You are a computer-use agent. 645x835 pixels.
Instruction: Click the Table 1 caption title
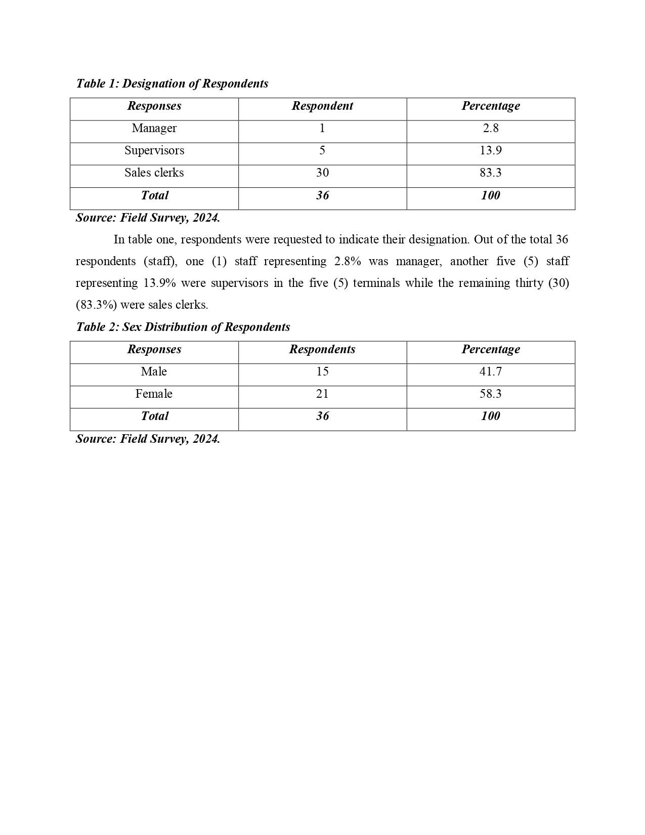point(172,83)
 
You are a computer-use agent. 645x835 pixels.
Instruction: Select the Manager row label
point(154,129)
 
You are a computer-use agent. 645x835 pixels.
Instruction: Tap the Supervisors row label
point(154,151)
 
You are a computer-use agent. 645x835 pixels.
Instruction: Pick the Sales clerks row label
point(154,173)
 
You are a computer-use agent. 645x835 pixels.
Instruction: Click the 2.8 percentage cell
point(490,129)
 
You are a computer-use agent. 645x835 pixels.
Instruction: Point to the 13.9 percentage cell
point(490,151)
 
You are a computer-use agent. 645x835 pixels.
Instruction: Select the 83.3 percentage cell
point(490,173)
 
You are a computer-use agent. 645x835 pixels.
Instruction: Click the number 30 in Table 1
point(322,173)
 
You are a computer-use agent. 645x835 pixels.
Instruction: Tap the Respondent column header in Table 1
point(322,106)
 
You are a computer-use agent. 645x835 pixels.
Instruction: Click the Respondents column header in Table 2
point(322,350)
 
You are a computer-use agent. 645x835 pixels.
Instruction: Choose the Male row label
point(154,372)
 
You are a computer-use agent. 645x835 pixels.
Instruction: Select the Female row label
point(154,394)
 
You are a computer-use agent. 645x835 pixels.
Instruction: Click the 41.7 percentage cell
point(490,372)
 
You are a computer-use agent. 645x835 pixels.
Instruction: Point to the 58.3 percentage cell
point(490,394)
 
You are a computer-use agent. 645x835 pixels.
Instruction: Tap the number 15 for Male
point(322,372)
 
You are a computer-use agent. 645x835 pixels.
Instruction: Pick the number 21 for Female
point(322,394)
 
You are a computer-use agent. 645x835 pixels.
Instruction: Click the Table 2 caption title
point(183,327)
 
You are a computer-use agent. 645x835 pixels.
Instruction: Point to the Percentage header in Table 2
point(490,350)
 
